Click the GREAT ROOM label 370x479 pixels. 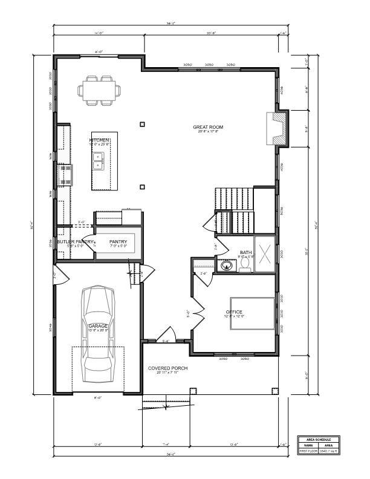tap(208, 127)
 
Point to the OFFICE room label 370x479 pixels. tap(234, 312)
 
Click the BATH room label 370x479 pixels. tap(246, 252)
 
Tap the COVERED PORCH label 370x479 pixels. tap(168, 368)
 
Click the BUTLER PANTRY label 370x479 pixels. tap(76, 242)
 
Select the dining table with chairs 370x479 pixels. tap(99, 91)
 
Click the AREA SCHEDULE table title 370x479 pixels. tap(319, 440)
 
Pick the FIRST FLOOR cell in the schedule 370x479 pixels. tap(308, 451)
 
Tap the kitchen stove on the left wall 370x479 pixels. tap(66, 174)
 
